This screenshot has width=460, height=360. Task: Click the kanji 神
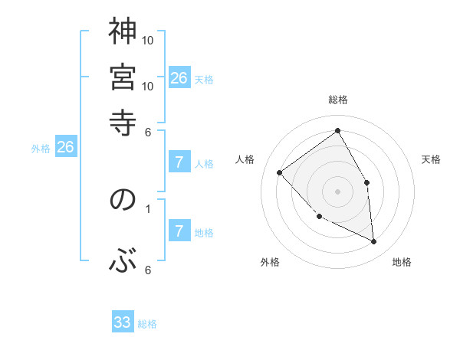pyautogui.click(x=123, y=32)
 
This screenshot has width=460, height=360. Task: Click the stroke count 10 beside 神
pyautogui.click(x=149, y=40)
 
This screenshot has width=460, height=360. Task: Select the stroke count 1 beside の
pyautogui.click(x=148, y=207)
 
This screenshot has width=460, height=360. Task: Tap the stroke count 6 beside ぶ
pyautogui.click(x=148, y=270)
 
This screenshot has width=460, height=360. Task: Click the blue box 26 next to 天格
pyautogui.click(x=179, y=77)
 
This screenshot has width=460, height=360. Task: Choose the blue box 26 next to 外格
pyautogui.click(x=65, y=147)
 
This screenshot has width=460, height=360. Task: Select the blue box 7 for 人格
pyautogui.click(x=179, y=162)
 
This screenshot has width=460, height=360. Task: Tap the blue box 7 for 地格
pyautogui.click(x=179, y=231)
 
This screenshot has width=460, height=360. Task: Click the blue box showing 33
pyautogui.click(x=123, y=322)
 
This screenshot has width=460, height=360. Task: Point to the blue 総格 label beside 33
pyautogui.click(x=147, y=324)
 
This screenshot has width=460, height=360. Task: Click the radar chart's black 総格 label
pyautogui.click(x=338, y=100)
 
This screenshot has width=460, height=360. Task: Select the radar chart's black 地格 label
pyautogui.click(x=402, y=262)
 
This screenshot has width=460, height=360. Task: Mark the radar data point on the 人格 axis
pyautogui.click(x=280, y=172)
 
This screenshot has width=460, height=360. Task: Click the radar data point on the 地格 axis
pyautogui.click(x=373, y=241)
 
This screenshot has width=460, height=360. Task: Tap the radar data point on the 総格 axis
pyautogui.click(x=338, y=130)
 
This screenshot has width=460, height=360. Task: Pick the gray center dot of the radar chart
pyautogui.click(x=338, y=191)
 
